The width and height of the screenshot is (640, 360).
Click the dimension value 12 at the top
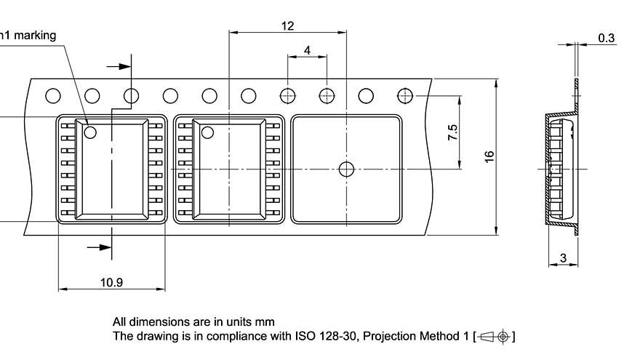[287, 25]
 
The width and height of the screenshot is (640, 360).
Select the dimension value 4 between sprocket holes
[307, 50]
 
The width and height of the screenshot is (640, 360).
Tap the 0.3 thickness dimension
[606, 38]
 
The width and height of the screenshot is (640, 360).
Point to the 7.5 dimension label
[453, 132]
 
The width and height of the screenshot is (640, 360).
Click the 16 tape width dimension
[489, 156]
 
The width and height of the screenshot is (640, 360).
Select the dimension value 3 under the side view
[563, 258]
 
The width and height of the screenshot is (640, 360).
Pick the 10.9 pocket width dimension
[111, 282]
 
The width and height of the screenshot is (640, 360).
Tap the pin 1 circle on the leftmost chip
[91, 132]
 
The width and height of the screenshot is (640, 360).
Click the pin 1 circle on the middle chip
[207, 132]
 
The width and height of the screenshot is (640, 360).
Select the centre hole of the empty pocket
[346, 169]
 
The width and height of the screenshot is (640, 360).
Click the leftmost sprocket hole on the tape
[52, 95]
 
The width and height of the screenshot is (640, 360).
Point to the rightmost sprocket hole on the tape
[405, 95]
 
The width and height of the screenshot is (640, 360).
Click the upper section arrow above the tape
[121, 66]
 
